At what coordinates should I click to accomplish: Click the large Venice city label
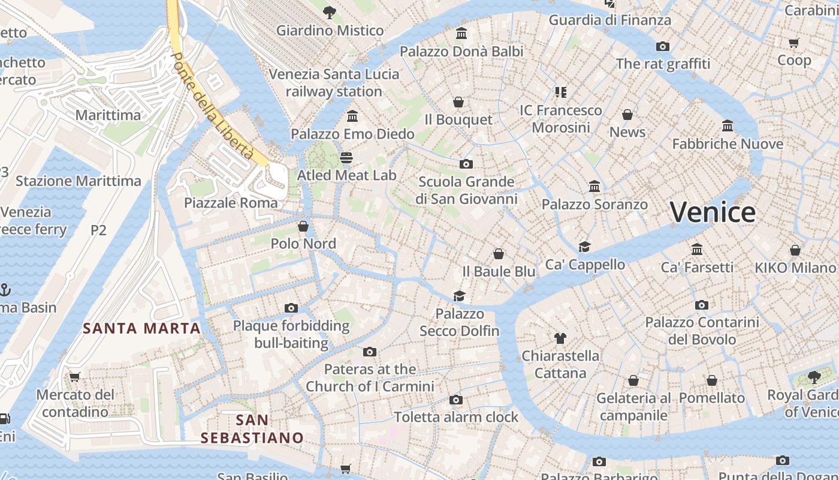(x=712, y=212)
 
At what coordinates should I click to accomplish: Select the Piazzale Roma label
(x=231, y=203)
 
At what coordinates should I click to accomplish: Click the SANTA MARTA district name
(x=141, y=328)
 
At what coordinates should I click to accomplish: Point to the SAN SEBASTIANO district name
(x=252, y=428)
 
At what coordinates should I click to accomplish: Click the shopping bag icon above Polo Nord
(x=303, y=226)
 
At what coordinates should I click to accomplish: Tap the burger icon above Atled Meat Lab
(x=346, y=158)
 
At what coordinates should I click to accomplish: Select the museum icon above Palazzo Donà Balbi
(x=461, y=34)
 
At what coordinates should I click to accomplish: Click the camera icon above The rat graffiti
(x=662, y=46)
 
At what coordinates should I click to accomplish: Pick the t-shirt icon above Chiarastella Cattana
(x=560, y=338)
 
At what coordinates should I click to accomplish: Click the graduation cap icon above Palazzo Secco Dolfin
(x=459, y=296)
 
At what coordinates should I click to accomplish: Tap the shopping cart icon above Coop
(x=794, y=43)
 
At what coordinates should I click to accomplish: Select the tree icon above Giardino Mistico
(x=329, y=12)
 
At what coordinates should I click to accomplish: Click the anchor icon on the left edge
(x=5, y=290)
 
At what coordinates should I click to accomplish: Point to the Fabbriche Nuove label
(x=728, y=144)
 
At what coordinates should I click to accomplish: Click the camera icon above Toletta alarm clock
(x=455, y=400)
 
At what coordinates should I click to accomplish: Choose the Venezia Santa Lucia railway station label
(x=334, y=83)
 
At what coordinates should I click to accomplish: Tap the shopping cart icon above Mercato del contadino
(x=74, y=377)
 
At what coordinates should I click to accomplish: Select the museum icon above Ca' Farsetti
(x=696, y=249)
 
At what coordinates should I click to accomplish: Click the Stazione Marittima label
(x=79, y=181)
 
